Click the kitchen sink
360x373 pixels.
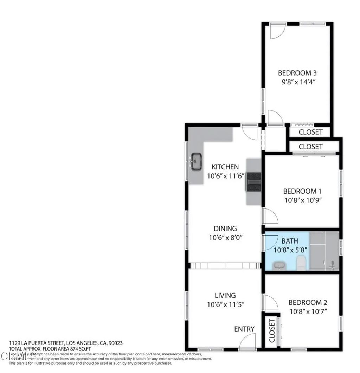point(196,161)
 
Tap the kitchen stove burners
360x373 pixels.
point(253,182)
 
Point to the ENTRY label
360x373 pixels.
point(244,329)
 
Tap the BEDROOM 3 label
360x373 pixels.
point(297,73)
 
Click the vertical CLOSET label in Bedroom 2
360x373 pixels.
point(272,331)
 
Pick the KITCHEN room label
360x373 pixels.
point(225,167)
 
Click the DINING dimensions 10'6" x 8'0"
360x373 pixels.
point(225,238)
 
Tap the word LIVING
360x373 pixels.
point(225,296)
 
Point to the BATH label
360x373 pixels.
point(290,241)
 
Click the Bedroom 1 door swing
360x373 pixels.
point(270,216)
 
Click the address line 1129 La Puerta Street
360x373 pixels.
point(65,343)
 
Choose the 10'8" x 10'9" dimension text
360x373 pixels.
point(303,200)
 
